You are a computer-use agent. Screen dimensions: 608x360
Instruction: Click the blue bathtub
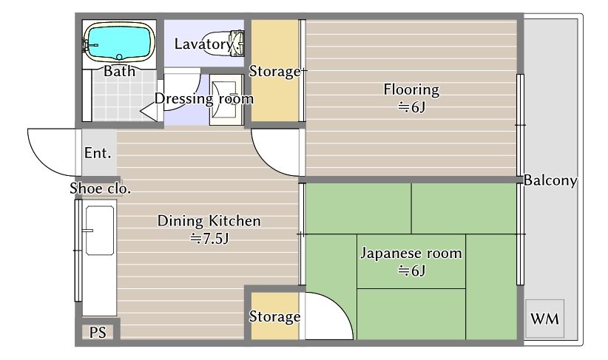coord(119,42)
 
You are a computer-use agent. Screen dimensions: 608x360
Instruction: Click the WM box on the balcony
coord(545,319)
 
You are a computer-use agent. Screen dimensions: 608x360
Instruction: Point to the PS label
coord(98,332)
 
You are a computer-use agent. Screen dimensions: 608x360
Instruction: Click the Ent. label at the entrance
coord(98,153)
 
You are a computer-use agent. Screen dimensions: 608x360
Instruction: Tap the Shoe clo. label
coord(100,189)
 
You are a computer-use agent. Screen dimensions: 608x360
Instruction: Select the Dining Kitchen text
coord(209,221)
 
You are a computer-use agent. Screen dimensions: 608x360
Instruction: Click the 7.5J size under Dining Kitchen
coord(209,238)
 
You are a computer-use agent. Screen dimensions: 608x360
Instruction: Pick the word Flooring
coord(411,90)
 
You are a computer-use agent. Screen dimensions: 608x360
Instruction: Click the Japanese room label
coord(411,254)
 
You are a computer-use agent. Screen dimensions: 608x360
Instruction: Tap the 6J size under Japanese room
coord(411,270)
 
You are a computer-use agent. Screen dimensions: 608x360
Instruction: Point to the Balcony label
coord(550,180)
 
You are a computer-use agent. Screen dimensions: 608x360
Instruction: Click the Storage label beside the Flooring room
coord(274,71)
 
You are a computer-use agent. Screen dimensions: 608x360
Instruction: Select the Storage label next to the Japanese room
coord(274,316)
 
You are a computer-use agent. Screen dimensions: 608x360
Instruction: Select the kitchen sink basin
coord(100,231)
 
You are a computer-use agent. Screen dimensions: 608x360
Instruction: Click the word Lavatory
coord(203,44)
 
